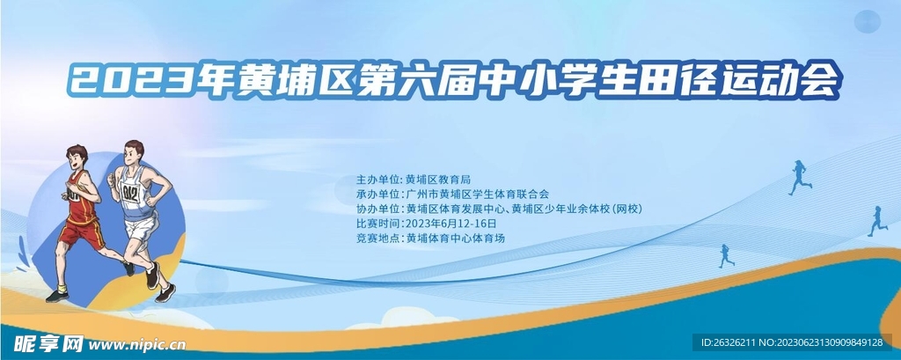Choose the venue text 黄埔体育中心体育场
tap(456, 239)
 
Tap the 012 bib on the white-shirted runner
tap(131, 193)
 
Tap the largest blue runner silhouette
tap(799, 177)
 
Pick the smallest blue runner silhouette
tap(725, 255)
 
